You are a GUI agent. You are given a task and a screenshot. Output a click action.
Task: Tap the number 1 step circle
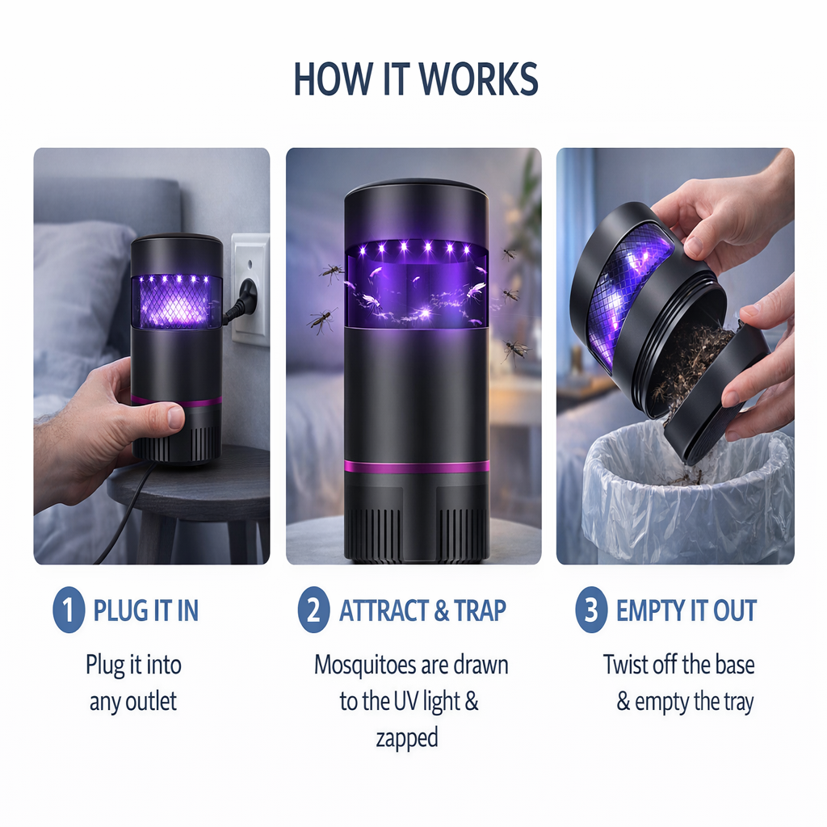69,610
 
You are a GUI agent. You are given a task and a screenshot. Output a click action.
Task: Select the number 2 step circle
313,610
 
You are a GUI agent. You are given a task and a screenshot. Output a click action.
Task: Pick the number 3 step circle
591,610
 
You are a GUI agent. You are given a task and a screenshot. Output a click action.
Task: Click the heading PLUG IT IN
145,611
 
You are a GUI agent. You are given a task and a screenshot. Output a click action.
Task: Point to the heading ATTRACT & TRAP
422,611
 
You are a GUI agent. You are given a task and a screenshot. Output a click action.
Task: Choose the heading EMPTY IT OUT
686,611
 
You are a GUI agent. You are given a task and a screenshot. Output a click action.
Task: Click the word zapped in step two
407,738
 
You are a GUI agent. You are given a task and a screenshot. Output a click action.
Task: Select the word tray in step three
737,703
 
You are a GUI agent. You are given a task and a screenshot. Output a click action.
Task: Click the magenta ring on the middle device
417,467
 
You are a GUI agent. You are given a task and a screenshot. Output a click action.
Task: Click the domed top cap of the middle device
417,189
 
